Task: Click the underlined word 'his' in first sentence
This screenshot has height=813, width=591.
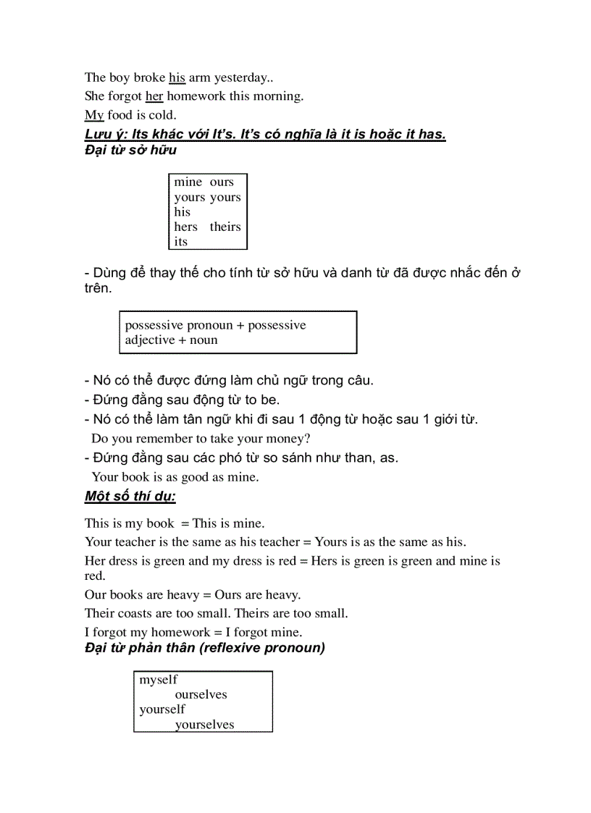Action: point(177,77)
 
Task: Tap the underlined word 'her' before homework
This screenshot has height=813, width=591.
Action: point(154,96)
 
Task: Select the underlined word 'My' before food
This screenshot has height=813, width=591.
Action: point(94,115)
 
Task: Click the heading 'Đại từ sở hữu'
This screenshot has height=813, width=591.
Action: point(130,150)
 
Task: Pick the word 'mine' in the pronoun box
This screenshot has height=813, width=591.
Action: point(188,182)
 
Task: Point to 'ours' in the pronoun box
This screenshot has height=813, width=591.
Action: point(222,182)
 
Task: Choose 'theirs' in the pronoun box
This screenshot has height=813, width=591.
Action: point(225,227)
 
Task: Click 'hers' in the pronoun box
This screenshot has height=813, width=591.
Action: point(185,227)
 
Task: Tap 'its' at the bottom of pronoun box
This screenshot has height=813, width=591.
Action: point(180,243)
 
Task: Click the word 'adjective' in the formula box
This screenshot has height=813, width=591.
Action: point(150,340)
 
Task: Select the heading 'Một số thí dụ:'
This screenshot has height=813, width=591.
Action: point(130,497)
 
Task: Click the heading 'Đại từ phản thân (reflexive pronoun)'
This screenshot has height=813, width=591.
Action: point(205,648)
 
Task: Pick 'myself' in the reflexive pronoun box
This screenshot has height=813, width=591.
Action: point(158,680)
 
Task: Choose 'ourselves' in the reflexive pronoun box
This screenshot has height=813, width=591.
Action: point(201,695)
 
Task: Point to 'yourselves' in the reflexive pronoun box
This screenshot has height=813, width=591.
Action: point(204,725)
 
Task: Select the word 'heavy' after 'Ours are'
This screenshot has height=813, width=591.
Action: point(283,595)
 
